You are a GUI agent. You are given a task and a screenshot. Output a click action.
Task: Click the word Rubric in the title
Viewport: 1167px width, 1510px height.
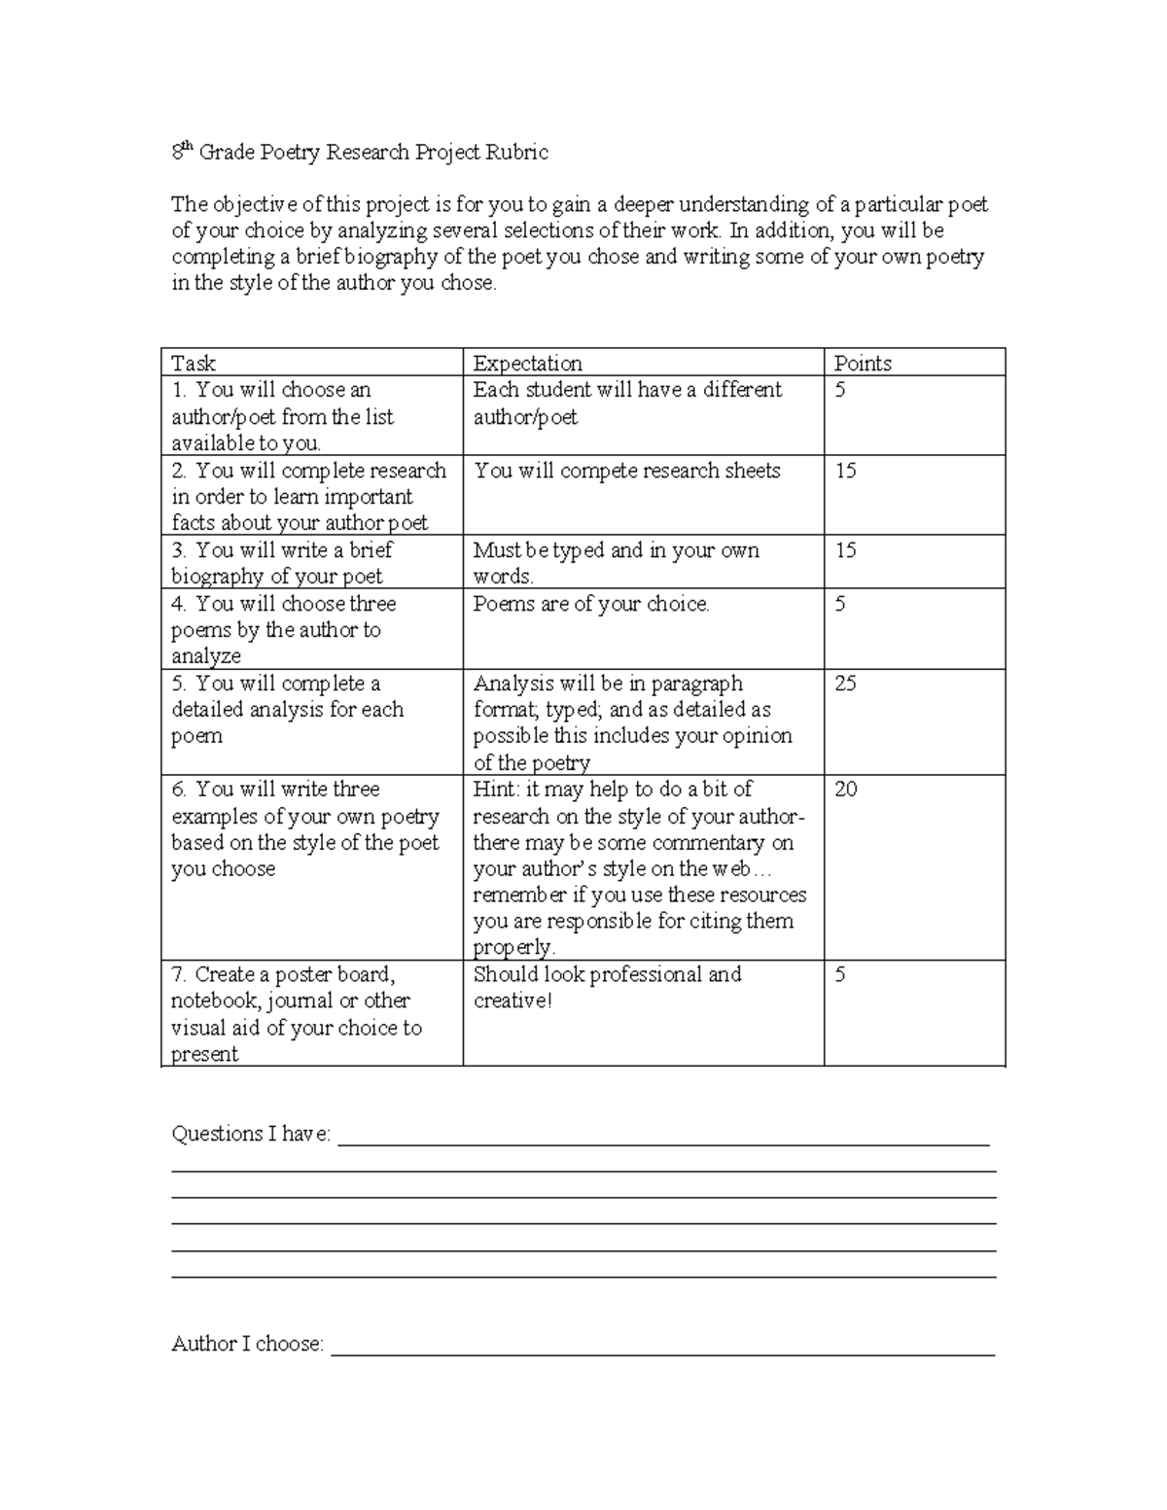pyautogui.click(x=517, y=153)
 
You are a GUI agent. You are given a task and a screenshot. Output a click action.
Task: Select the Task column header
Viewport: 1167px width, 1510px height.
pyautogui.click(x=193, y=364)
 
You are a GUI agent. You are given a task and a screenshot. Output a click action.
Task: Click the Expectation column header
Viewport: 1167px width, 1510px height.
pyautogui.click(x=527, y=364)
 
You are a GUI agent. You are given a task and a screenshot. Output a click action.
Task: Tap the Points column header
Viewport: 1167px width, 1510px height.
pyautogui.click(x=863, y=364)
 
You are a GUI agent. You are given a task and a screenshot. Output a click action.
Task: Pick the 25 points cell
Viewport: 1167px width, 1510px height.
pyautogui.click(x=845, y=684)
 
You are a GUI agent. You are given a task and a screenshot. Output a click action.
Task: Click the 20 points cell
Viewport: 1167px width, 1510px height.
pyautogui.click(x=845, y=790)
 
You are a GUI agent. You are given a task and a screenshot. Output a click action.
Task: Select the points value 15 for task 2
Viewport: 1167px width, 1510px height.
pyautogui.click(x=845, y=471)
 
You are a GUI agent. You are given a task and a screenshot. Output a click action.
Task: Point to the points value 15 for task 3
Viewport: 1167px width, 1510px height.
pyautogui.click(x=845, y=550)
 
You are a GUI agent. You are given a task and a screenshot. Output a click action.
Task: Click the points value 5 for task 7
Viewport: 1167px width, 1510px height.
pyautogui.click(x=840, y=974)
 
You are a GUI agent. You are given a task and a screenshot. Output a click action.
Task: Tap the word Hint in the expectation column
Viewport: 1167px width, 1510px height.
pyautogui.click(x=495, y=790)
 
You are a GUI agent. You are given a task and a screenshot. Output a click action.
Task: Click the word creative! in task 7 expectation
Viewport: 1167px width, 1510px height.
pyautogui.click(x=513, y=1001)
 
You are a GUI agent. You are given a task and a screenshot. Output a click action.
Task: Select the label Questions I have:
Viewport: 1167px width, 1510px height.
pyautogui.click(x=251, y=1134)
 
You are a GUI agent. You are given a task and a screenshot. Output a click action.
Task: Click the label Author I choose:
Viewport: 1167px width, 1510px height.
pyautogui.click(x=247, y=1344)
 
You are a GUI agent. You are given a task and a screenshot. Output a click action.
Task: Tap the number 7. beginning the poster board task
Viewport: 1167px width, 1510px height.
pyautogui.click(x=180, y=974)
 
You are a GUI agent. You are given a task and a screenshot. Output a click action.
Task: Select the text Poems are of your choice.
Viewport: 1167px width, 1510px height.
pyautogui.click(x=591, y=604)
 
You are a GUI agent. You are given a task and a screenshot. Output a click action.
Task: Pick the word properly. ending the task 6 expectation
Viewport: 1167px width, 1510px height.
pyautogui.click(x=513, y=948)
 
